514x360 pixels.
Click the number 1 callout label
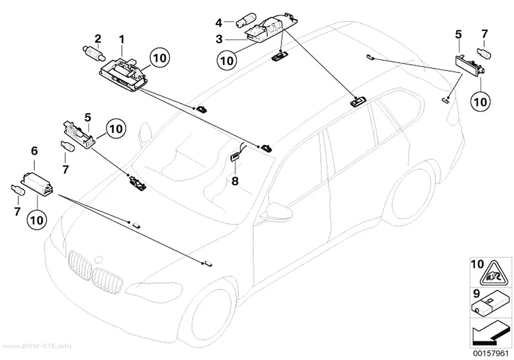click(121, 40)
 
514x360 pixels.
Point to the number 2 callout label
click(98, 39)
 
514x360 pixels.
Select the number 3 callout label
click(219, 39)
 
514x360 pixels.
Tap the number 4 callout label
click(219, 23)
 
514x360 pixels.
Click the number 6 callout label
click(34, 151)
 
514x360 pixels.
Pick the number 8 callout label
click(235, 181)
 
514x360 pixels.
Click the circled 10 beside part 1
click(160, 58)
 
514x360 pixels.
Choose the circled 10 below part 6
click(37, 219)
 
